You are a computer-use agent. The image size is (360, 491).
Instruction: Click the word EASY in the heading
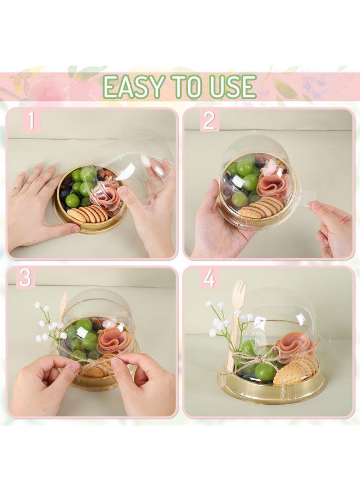click(133, 87)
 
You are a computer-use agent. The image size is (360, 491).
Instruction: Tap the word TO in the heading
click(185, 87)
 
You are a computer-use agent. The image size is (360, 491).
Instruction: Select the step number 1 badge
click(31, 120)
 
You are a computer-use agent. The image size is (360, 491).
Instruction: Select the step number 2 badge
click(209, 120)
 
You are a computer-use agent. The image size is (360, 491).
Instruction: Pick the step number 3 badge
click(26, 278)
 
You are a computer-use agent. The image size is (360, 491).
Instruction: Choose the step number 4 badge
click(209, 278)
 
